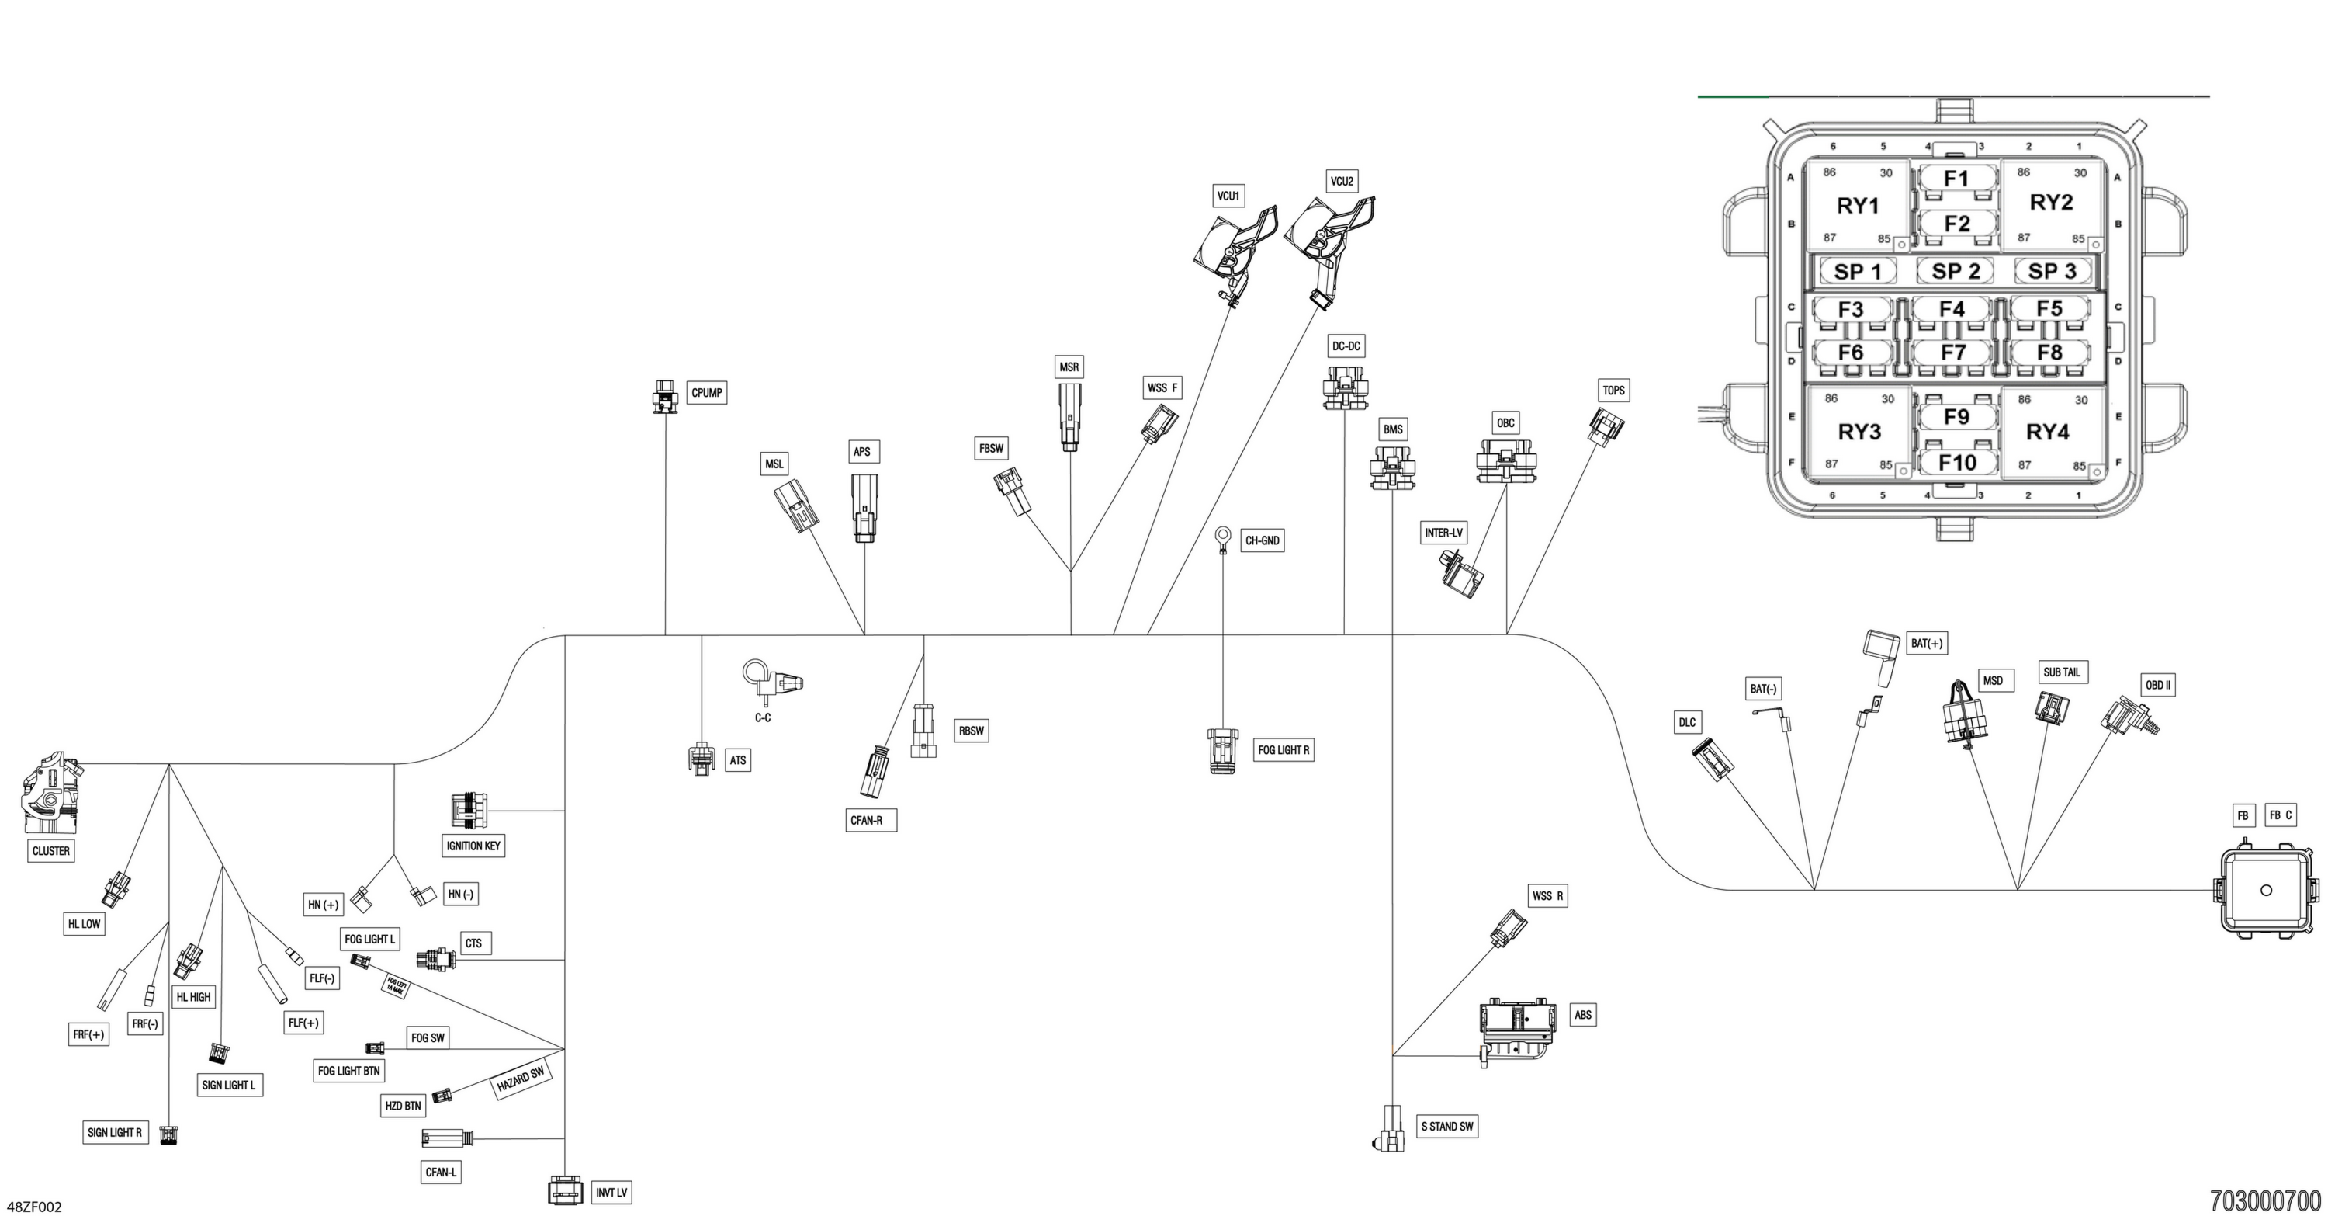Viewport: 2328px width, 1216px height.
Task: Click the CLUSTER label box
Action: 50,851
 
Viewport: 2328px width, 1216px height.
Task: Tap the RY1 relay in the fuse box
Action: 1857,205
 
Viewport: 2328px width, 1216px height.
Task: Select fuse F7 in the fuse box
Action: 1953,352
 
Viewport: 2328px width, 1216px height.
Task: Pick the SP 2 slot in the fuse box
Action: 1955,271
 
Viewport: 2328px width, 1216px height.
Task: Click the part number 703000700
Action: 2264,1200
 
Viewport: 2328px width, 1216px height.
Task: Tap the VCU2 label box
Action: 1342,182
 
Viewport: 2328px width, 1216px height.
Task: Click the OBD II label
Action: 2158,686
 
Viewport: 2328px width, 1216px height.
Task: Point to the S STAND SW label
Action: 1447,1127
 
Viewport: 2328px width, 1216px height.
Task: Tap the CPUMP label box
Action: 707,392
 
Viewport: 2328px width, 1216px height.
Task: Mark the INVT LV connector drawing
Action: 565,1190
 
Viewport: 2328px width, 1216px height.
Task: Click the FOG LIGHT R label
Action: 1284,749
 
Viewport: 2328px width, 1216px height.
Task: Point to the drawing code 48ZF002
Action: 34,1207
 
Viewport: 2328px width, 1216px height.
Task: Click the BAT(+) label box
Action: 1927,644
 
